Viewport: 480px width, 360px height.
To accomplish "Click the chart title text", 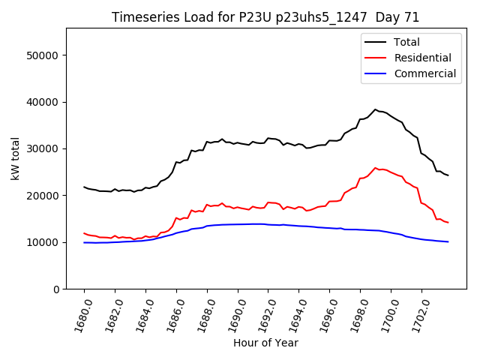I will click(x=265, y=17).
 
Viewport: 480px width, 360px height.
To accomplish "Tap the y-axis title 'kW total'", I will click(x=16, y=159).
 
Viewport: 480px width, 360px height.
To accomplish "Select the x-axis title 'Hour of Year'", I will click(x=265, y=343).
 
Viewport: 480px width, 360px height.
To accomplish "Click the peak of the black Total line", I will click(x=376, y=109).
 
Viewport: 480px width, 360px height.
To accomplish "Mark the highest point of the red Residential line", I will click(x=376, y=168).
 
